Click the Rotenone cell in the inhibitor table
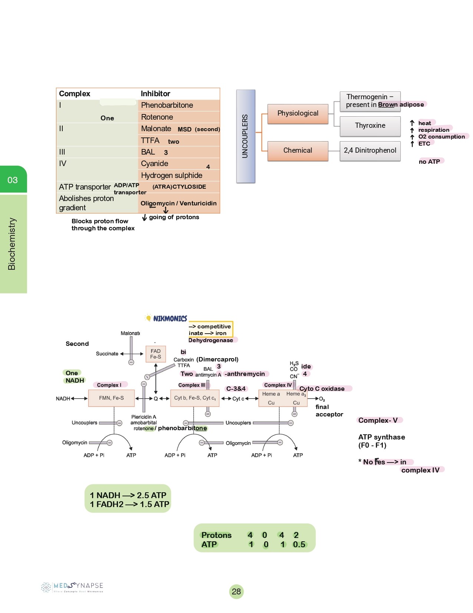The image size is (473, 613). (x=157, y=117)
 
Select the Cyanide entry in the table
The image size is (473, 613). (x=155, y=163)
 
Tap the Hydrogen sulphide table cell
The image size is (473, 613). (x=172, y=175)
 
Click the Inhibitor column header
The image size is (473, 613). (x=155, y=94)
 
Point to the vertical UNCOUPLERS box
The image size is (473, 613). (x=246, y=136)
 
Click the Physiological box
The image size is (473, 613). (x=298, y=113)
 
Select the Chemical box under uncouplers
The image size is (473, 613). (x=298, y=150)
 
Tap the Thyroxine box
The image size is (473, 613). (x=370, y=126)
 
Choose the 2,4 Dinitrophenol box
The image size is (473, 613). (x=370, y=150)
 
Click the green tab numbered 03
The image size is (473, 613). (x=13, y=180)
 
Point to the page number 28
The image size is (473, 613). (x=236, y=591)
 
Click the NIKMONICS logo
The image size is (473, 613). (x=166, y=318)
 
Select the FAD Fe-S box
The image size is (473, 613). (x=156, y=354)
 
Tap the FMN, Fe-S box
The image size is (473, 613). (x=111, y=398)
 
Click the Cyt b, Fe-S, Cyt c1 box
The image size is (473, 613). (x=195, y=398)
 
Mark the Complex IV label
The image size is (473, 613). (x=278, y=385)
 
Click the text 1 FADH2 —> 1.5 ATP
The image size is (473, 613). (x=129, y=504)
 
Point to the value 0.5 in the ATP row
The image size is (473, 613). (x=299, y=545)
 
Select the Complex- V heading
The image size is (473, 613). (x=378, y=420)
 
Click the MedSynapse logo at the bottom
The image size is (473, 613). (x=72, y=587)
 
